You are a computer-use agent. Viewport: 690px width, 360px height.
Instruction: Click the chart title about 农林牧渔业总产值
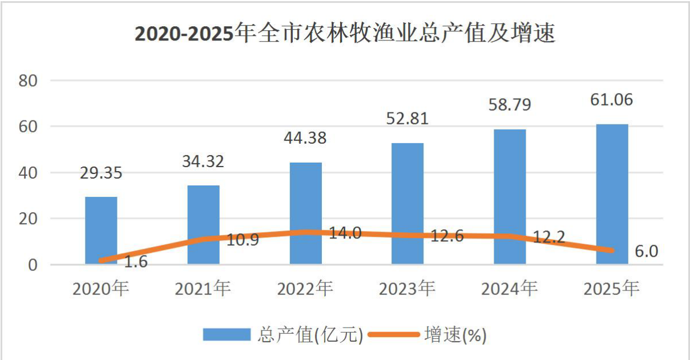[345, 33]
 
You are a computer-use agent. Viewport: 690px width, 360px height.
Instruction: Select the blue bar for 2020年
[101, 230]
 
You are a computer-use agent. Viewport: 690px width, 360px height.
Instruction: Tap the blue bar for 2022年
[305, 213]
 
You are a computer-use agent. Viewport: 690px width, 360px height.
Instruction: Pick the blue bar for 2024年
[510, 197]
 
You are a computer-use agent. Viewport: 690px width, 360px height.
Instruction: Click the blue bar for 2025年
[612, 194]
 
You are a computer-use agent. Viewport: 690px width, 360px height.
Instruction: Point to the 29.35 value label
[101, 173]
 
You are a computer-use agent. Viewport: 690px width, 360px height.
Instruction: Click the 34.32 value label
[203, 161]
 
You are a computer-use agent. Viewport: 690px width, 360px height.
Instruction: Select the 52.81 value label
[407, 119]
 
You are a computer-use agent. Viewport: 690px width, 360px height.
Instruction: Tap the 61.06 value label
[611, 100]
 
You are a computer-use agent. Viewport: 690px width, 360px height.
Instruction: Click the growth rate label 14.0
[345, 233]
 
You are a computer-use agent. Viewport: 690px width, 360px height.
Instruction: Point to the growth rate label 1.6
[136, 262]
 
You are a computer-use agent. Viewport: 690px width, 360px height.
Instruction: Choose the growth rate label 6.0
[646, 251]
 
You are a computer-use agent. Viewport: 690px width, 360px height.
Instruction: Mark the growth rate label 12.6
[447, 236]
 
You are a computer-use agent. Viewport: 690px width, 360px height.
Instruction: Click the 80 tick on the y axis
[28, 80]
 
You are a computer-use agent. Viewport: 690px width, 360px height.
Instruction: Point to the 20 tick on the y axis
[28, 219]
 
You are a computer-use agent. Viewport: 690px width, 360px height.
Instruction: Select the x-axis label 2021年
[203, 288]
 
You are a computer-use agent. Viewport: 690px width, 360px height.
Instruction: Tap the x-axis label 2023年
[407, 288]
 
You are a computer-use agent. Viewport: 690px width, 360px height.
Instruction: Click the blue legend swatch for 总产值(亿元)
[227, 334]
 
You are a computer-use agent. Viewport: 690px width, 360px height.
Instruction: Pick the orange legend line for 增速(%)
[394, 334]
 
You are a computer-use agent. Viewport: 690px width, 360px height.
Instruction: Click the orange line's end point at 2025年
[611, 250]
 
